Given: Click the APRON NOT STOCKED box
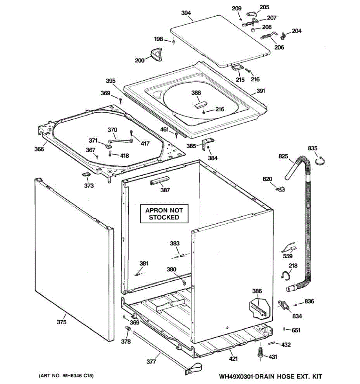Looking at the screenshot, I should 164,214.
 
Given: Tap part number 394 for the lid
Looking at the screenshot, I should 186,13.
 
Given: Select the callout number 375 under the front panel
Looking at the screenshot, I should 62,322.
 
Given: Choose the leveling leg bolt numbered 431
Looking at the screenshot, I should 260,353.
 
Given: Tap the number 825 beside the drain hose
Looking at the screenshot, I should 283,156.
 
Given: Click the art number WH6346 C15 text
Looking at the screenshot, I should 66,375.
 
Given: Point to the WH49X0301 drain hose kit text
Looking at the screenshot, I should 270,376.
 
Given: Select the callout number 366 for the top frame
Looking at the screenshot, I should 39,149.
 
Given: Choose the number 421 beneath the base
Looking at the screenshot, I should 233,358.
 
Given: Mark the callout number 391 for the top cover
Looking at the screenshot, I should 261,91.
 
